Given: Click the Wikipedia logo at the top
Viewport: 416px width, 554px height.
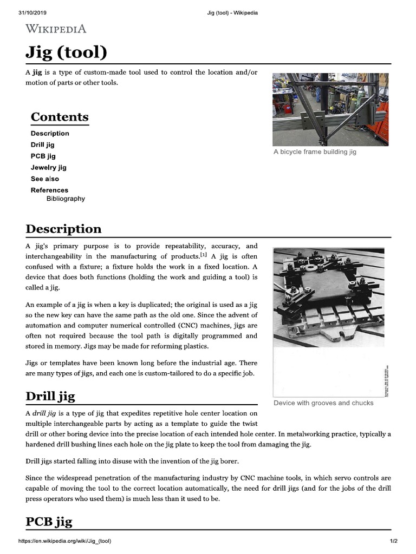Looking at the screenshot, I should coord(56,29).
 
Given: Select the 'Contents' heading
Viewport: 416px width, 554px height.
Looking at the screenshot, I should coord(60,117).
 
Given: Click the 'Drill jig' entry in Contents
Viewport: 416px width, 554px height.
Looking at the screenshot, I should coord(43,144).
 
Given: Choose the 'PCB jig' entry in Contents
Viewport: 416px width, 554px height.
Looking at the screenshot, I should coord(43,156).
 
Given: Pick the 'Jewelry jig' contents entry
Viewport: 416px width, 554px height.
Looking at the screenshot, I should coord(49,167).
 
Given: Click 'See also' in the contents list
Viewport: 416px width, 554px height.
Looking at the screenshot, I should coord(45,179).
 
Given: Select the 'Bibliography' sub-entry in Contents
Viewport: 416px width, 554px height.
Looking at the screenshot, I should coord(66,199).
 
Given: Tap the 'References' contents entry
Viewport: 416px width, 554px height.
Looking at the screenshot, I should coord(49,190).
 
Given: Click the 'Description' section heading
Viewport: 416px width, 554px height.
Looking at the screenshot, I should coord(63,229).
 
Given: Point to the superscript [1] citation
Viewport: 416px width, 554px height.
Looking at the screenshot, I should coord(203,254).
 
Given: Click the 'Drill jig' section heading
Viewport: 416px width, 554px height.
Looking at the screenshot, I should coord(50,396).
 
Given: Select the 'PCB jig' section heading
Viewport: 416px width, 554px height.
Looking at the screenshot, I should coord(49,522).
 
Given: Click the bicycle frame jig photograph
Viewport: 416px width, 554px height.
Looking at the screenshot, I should coord(330,109).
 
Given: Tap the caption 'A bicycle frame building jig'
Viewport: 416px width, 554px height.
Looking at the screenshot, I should coord(315,152).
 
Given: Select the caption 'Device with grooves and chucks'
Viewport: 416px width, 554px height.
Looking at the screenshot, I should coord(323,403).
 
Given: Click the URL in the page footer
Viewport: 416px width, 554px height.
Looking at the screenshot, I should coord(65,541).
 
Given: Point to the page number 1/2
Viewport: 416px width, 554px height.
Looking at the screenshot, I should coord(393,541).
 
